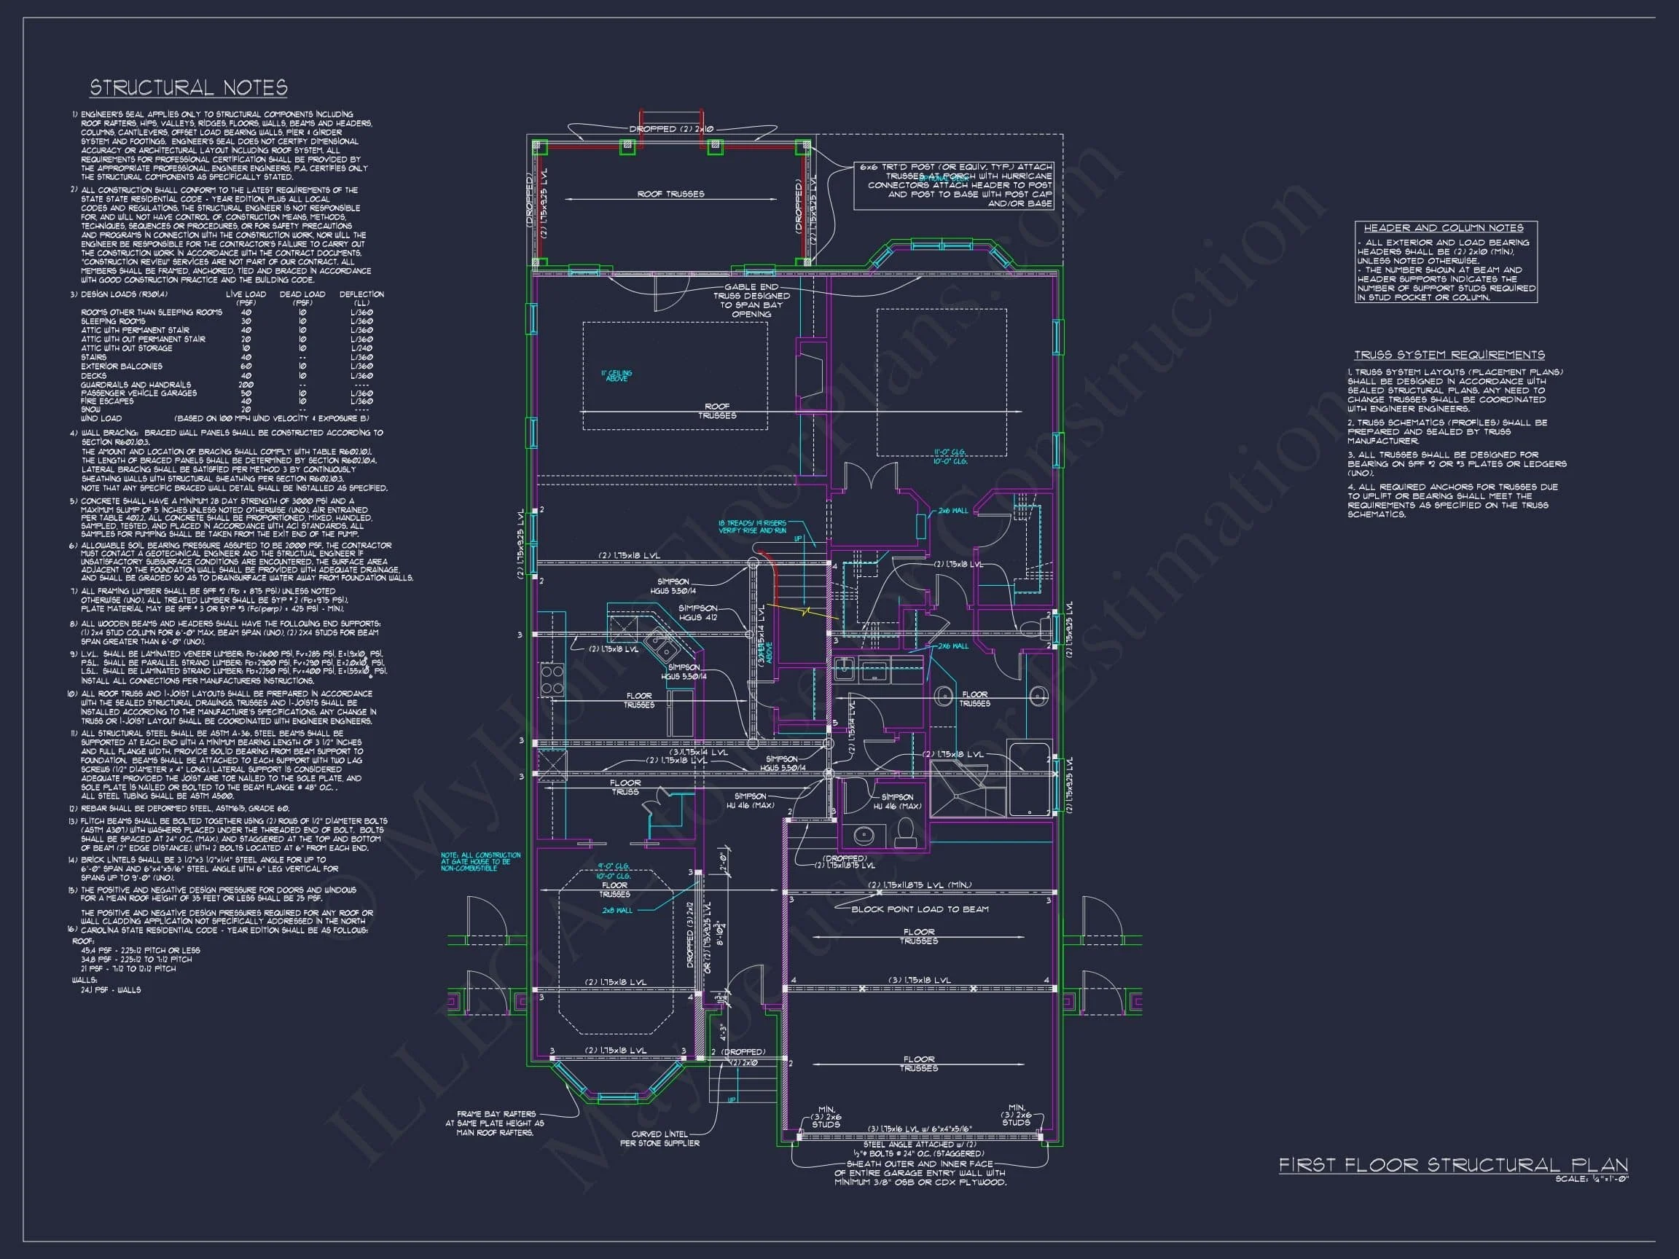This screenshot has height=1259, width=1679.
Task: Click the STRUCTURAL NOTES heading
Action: [x=188, y=88]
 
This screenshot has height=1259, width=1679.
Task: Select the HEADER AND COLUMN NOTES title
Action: [x=1443, y=227]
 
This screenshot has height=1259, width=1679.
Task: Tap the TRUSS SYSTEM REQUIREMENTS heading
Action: [x=1449, y=354]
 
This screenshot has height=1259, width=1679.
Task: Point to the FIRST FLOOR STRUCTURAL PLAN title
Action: [x=1453, y=1165]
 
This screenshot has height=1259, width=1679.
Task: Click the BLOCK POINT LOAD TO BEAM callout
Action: [x=919, y=909]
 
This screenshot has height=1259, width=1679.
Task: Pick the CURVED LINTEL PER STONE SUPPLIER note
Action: [x=659, y=1138]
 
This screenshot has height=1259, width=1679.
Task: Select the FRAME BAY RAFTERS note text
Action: [x=495, y=1123]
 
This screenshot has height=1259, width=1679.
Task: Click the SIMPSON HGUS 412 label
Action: [x=697, y=613]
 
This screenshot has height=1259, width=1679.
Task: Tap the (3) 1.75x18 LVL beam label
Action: [x=918, y=981]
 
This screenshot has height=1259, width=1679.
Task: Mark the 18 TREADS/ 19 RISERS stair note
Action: [x=751, y=527]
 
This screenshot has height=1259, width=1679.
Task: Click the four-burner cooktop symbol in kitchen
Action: [x=552, y=680]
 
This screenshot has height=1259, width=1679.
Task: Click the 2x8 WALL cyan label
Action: [x=617, y=910]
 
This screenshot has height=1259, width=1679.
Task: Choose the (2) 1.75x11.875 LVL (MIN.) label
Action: [x=918, y=885]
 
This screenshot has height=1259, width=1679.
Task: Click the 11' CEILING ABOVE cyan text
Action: [x=617, y=376]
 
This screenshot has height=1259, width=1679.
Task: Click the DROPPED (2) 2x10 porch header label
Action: [x=671, y=129]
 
